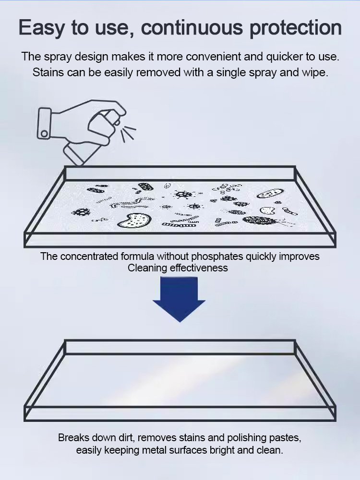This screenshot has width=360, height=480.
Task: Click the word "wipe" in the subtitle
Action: pyautogui.click(x=316, y=73)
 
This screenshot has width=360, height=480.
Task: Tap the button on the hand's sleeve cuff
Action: pyautogui.click(x=45, y=133)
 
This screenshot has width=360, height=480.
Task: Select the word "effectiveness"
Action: pyautogui.click(x=199, y=268)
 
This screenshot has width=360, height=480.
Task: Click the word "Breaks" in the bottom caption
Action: pyautogui.click(x=73, y=438)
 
